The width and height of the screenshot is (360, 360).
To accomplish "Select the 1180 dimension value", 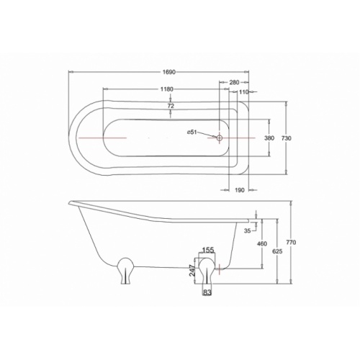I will tap(167, 89).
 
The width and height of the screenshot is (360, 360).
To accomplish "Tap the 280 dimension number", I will tap(234, 83).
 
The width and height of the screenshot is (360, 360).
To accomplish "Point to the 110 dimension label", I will tap(243, 93).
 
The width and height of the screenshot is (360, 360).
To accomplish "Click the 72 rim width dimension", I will tap(171, 106).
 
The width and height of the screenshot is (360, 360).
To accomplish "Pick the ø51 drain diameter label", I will tap(192, 132).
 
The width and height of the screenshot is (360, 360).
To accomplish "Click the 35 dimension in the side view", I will tap(248, 231).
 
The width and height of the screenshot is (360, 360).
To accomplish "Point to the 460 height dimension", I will tap(262, 244).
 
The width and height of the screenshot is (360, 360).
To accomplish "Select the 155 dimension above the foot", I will tap(207, 251).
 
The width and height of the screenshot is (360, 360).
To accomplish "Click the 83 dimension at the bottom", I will tap(207, 292).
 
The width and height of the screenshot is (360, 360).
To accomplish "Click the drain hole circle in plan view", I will tap(220, 137).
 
